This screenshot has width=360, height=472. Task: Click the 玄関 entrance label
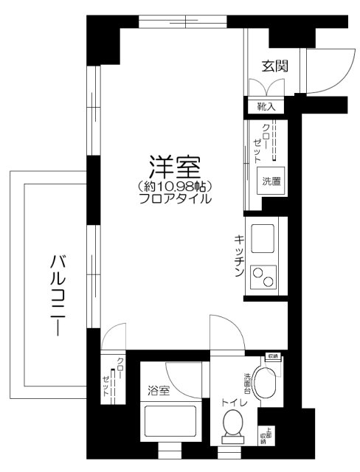pos(274,66)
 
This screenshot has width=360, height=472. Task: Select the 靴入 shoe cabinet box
pos(266,107)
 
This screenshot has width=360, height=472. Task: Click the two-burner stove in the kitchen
pos(264,278)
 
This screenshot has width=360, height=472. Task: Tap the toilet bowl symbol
pos(234,427)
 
